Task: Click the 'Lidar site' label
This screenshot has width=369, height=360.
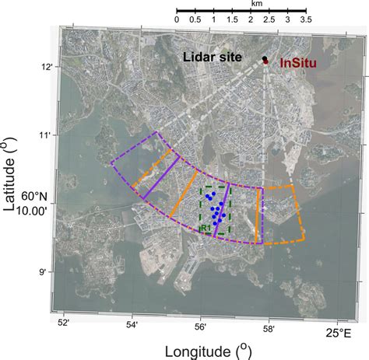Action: coord(213,57)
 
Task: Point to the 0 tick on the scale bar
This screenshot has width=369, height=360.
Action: coord(177,18)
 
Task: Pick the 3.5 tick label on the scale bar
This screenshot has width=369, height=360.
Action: coord(305,18)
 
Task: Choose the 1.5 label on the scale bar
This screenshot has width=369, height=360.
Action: coord(232,18)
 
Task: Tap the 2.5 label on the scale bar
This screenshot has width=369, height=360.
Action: coord(269,18)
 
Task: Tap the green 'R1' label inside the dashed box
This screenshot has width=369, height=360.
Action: coord(205,228)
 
